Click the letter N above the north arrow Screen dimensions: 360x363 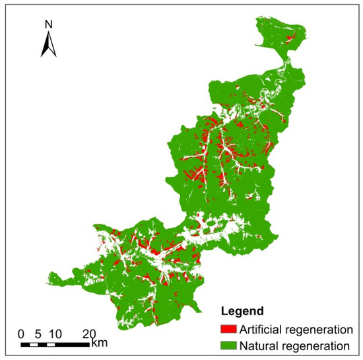coord(48,24)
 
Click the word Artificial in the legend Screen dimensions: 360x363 coord(261,328)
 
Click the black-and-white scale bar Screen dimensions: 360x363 coord(55,343)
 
